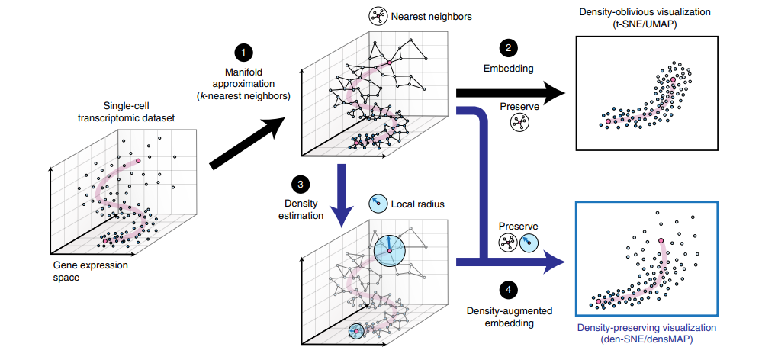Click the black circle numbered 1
click(243, 53)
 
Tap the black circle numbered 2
click(508, 47)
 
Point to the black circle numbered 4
click(508, 290)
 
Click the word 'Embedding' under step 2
click(508, 69)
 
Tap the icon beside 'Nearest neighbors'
click(378, 17)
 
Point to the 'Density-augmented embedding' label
click(508, 317)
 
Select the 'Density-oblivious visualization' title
click(646, 11)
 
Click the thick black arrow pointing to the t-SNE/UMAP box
click(511, 93)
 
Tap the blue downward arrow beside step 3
click(341, 196)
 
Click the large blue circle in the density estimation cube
click(390, 251)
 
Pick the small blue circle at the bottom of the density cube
click(356, 331)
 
